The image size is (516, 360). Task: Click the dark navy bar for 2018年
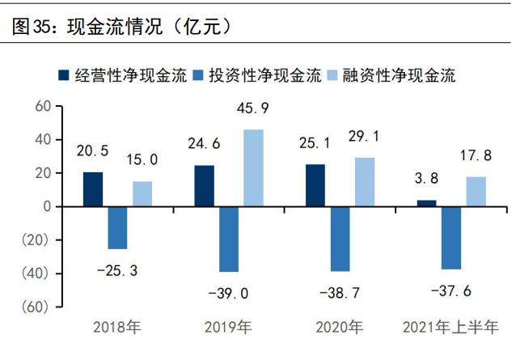coord(93,189)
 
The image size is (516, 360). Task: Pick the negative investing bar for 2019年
coord(229,239)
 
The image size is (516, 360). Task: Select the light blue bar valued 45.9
coord(254,168)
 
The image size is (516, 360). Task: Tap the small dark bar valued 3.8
coord(426,203)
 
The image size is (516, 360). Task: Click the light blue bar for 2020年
coord(365,182)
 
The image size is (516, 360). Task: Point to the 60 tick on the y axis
coord(43,106)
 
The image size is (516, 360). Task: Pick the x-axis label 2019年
coord(229,328)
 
